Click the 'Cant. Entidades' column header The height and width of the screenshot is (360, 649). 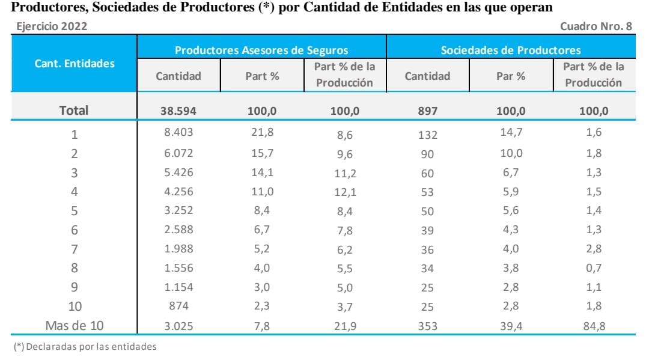tap(75, 64)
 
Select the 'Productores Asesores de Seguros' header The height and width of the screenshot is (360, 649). tap(261, 50)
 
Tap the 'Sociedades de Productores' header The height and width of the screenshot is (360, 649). tap(511, 50)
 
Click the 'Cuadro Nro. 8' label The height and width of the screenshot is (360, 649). tap(596, 26)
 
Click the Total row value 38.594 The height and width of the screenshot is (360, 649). tap(178, 111)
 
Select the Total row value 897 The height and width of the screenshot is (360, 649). tap(427, 111)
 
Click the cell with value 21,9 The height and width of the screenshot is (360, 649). tap(344, 327)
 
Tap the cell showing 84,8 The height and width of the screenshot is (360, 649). tap(593, 326)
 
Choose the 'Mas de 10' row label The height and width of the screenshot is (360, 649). tap(75, 326)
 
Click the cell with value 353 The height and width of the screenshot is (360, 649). tap(427, 327)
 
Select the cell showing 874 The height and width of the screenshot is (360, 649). tap(178, 307)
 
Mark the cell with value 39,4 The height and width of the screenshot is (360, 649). tap(511, 326)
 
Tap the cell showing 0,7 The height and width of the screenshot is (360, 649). tap(593, 268)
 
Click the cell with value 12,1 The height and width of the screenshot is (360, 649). tap(344, 192)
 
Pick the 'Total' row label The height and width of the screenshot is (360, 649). tap(74, 111)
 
